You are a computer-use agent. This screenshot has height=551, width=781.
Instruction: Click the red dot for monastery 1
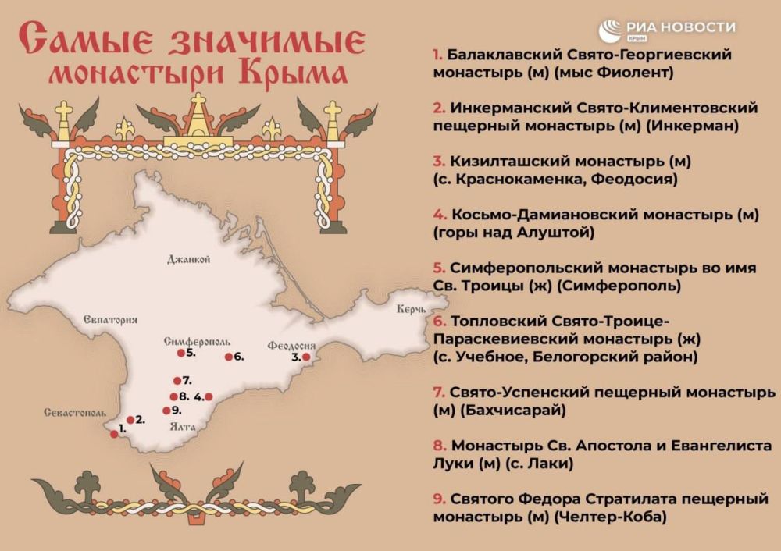[113, 435]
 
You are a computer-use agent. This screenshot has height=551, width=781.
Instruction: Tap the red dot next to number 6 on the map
[228, 357]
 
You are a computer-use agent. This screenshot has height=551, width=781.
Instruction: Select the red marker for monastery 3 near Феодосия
[306, 357]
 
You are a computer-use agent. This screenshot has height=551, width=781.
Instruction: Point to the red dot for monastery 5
[180, 354]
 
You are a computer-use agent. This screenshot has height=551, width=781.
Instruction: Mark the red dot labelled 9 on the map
[166, 411]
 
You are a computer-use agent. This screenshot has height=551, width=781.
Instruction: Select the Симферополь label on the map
[197, 342]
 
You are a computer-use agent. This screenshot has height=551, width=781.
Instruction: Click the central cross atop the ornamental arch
[199, 103]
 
